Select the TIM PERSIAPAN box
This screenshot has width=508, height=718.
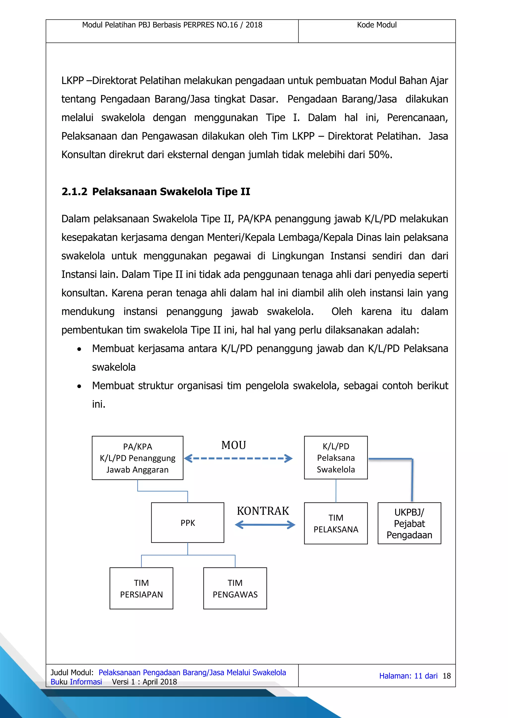pyautogui.click(x=141, y=588)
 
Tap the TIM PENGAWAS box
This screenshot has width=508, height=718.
pyautogui.click(x=235, y=588)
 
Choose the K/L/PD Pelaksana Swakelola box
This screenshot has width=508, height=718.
pyautogui.click(x=336, y=458)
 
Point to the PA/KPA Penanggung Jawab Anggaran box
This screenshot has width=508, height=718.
pyautogui.click(x=137, y=458)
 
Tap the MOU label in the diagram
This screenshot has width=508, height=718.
pyautogui.click(x=234, y=445)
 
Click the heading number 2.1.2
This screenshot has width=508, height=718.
pyautogui.click(x=74, y=191)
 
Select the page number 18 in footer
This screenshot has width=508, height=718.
pyautogui.click(x=446, y=676)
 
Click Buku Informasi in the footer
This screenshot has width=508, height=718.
pyautogui.click(x=76, y=682)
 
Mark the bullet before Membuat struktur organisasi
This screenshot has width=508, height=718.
pyautogui.click(x=79, y=386)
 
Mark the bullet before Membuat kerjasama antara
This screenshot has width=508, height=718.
pyautogui.click(x=79, y=349)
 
